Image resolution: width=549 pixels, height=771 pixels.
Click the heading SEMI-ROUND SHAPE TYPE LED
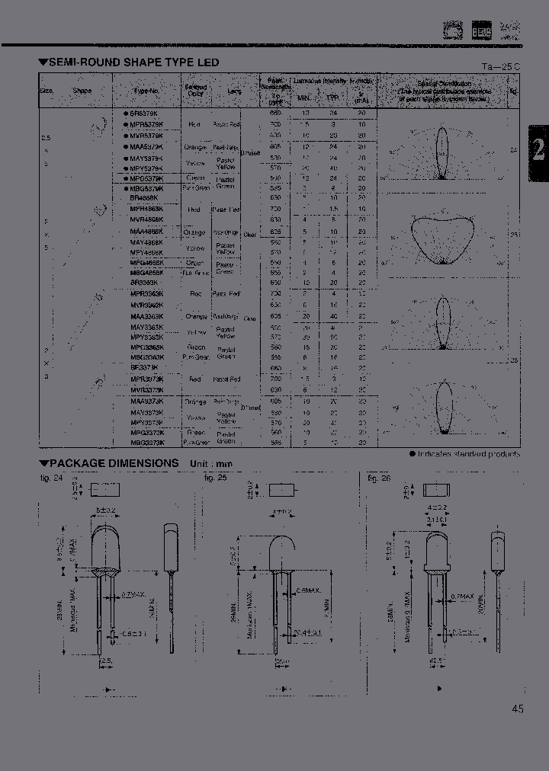133,62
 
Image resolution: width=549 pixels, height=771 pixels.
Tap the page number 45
518,709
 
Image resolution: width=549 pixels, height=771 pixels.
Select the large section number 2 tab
538,149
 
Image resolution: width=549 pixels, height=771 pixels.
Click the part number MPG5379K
144,178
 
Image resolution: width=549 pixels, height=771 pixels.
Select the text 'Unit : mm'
210,464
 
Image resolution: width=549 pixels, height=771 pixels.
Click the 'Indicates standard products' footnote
468,453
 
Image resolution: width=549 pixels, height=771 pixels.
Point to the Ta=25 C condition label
501,66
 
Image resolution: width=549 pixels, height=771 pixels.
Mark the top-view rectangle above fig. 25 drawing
281,488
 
